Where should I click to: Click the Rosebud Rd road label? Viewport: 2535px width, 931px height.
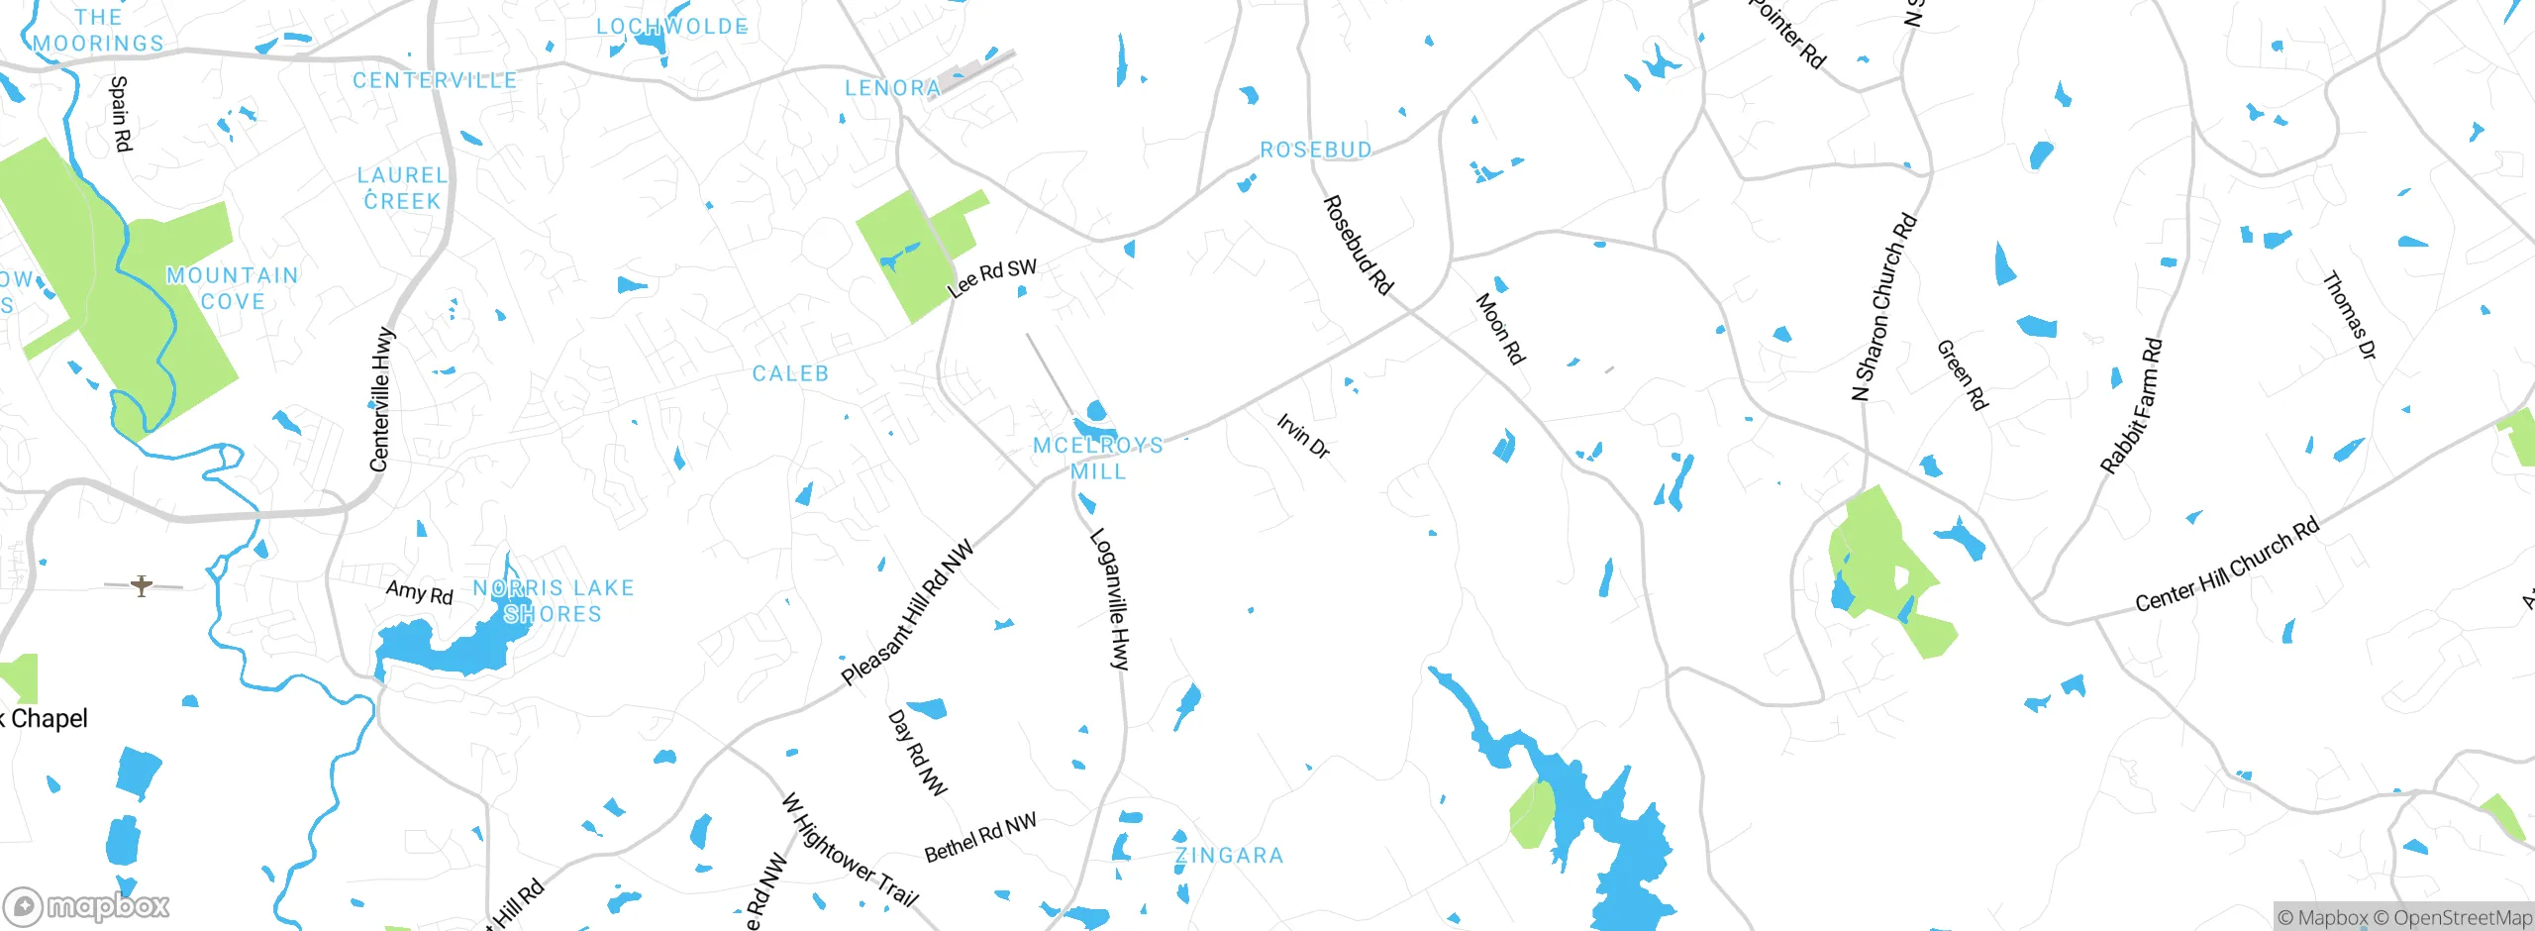(x=1358, y=245)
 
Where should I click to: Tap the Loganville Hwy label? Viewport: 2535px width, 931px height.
(x=1109, y=599)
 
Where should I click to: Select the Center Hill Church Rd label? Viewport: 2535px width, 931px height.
(x=2226, y=565)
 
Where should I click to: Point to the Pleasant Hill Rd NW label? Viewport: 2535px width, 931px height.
(x=907, y=613)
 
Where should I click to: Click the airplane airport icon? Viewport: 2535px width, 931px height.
(x=143, y=585)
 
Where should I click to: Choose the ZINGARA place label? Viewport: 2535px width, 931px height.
(x=1229, y=855)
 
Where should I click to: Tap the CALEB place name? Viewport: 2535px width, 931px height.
(x=790, y=373)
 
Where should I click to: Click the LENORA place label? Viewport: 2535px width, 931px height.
(x=892, y=88)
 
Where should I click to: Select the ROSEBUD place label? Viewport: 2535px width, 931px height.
(x=1316, y=150)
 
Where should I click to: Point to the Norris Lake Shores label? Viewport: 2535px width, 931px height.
(x=553, y=601)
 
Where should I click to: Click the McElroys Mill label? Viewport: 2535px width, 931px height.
(x=1098, y=459)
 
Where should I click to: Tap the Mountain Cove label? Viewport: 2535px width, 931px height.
(x=233, y=288)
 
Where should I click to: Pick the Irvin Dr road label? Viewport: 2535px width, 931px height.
(x=1302, y=436)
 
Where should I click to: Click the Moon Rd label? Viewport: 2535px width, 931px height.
(x=1500, y=328)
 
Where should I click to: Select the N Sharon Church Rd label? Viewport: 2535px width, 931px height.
(x=1883, y=307)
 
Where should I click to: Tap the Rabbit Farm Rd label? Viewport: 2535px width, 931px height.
(x=2131, y=406)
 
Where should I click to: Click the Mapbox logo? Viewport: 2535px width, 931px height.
(x=86, y=905)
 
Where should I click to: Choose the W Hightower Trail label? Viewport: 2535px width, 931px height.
(x=850, y=850)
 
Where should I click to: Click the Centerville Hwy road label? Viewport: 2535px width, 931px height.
(x=381, y=399)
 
